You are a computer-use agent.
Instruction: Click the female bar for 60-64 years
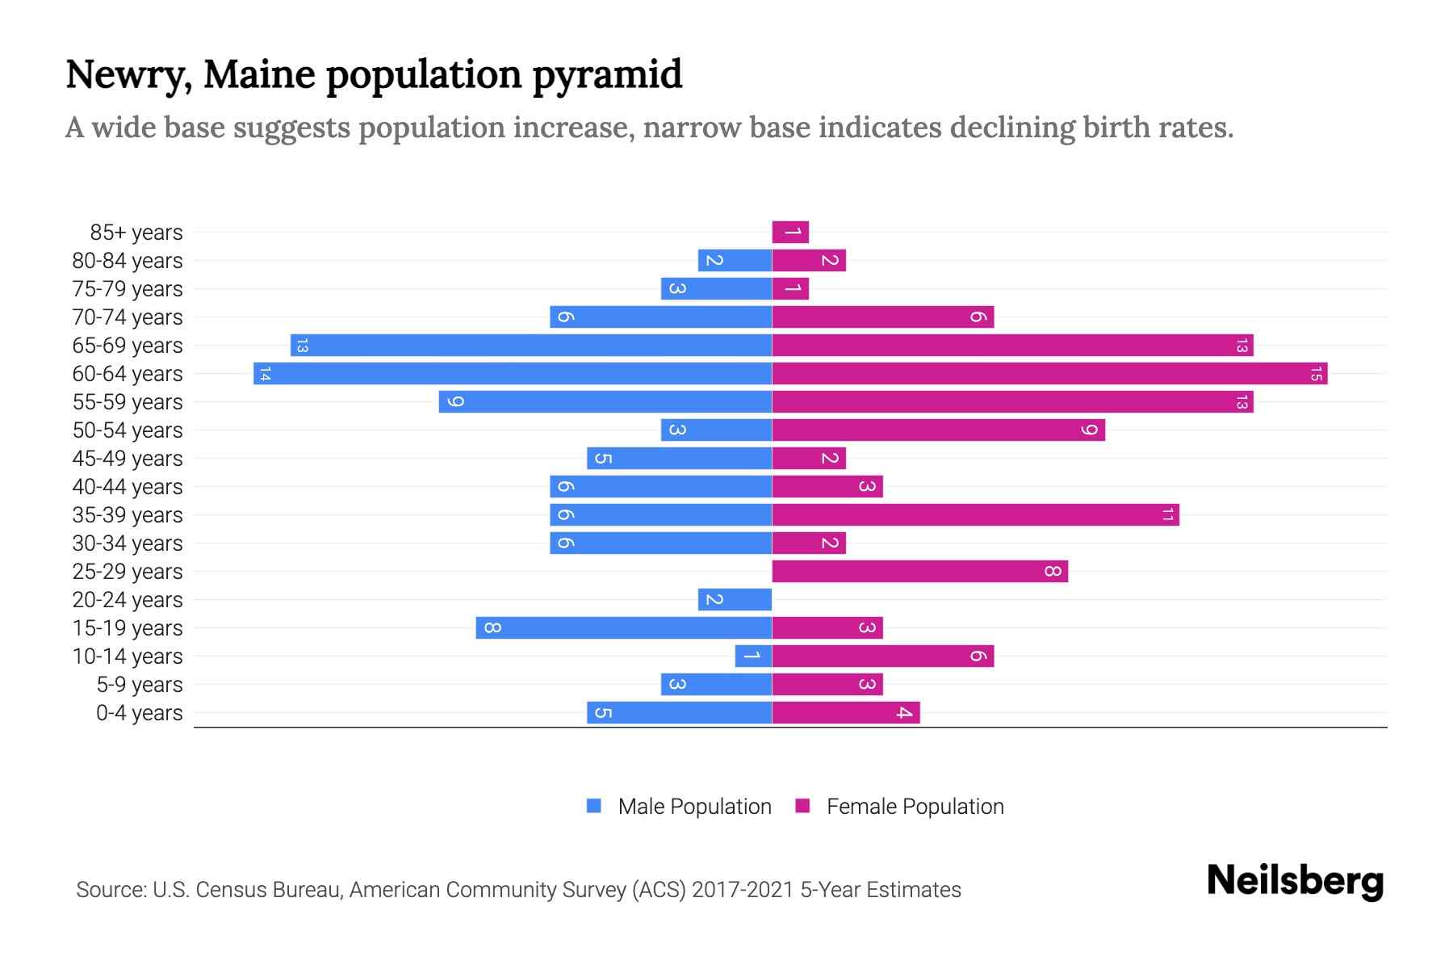(x=1049, y=374)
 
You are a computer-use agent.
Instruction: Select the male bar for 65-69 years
(x=531, y=346)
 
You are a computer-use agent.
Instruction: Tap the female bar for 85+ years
(x=790, y=233)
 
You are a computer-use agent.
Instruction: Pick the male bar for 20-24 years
(x=735, y=600)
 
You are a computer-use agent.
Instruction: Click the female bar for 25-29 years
(x=919, y=572)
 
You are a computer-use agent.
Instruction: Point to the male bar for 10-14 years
(x=753, y=656)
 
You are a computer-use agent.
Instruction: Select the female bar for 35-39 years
(x=975, y=515)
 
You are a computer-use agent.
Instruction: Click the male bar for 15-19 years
(x=623, y=628)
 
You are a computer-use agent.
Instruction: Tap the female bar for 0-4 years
(x=845, y=713)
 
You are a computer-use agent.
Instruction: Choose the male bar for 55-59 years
(x=605, y=402)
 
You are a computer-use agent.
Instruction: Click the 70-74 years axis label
(x=128, y=317)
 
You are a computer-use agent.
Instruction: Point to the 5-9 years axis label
(x=140, y=685)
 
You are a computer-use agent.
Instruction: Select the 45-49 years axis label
(x=128, y=459)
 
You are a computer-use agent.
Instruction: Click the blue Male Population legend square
(x=594, y=806)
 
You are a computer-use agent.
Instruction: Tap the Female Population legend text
(x=915, y=807)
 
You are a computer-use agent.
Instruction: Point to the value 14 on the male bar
(x=265, y=374)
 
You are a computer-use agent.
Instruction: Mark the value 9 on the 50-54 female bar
(x=1089, y=430)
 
